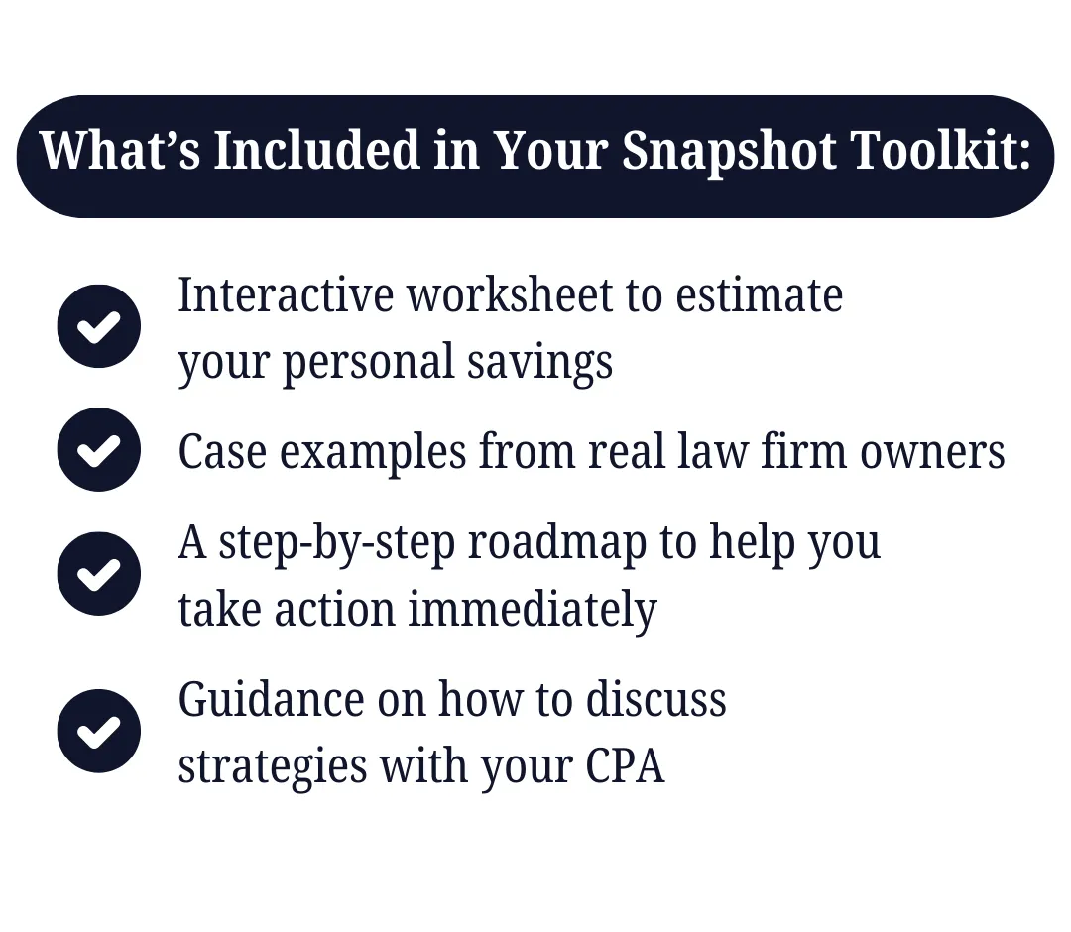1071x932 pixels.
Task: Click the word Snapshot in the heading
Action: (x=729, y=151)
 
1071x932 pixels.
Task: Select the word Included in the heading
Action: (x=316, y=150)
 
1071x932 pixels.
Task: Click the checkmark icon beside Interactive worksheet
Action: (x=99, y=326)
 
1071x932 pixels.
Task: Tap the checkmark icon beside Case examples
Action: (x=99, y=450)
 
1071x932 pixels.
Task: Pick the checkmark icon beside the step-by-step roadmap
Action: (x=99, y=573)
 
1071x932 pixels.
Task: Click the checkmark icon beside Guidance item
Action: (x=99, y=731)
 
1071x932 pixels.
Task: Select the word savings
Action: (x=539, y=363)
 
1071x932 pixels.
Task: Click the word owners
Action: (x=932, y=452)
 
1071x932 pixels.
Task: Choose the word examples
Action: (x=373, y=453)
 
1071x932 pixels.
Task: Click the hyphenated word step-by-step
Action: (x=337, y=544)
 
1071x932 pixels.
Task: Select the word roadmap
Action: (x=556, y=544)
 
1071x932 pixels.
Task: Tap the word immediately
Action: (x=533, y=610)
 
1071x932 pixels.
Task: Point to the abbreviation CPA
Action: (x=625, y=766)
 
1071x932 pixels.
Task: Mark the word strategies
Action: (x=273, y=767)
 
